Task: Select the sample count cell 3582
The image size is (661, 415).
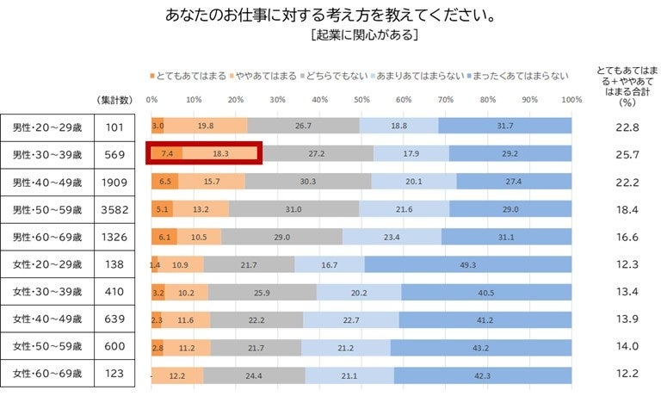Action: tap(114, 209)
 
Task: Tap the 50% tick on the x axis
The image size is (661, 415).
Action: tap(361, 99)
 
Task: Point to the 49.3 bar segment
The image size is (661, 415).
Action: tap(467, 264)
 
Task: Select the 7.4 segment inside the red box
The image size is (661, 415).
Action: tap(167, 154)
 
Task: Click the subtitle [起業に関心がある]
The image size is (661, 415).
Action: tap(366, 35)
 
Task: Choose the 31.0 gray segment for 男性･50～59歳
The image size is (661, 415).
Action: tap(293, 209)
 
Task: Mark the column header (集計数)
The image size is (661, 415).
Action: tap(114, 100)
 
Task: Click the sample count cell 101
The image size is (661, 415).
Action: tap(114, 127)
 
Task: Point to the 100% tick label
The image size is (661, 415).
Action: tap(571, 99)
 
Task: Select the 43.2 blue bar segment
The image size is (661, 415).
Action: tap(480, 347)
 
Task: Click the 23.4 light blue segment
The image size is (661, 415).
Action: tap(392, 237)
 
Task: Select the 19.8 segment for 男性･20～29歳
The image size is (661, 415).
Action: tap(206, 127)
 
